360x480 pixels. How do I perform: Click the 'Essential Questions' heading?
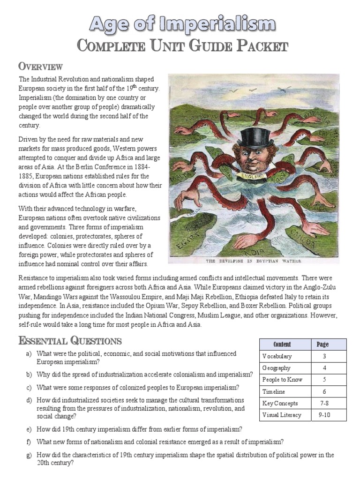pos(70,340)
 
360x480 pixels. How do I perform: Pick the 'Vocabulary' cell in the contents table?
pos(277,356)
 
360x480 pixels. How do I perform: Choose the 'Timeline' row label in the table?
pos(274,391)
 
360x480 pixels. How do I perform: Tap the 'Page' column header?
pos(322,344)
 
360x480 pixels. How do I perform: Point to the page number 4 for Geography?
pos(322,368)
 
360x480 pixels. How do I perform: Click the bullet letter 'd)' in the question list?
pos(29,400)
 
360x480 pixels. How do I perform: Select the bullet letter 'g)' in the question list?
pos(29,454)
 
